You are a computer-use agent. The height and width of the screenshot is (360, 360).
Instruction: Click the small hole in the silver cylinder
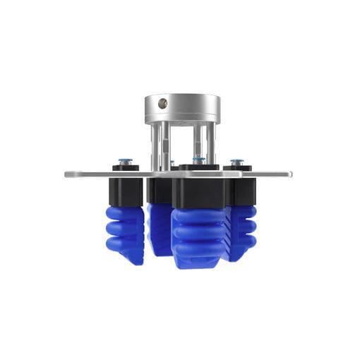pos(162,103)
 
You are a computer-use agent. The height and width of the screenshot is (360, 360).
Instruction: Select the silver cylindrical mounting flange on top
pos(182,109)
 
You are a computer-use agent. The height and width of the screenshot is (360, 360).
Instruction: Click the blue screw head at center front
pos(200,161)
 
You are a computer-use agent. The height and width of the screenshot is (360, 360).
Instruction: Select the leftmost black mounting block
pos(126,191)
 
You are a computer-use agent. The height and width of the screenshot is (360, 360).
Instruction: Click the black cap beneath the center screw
pos(199,168)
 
